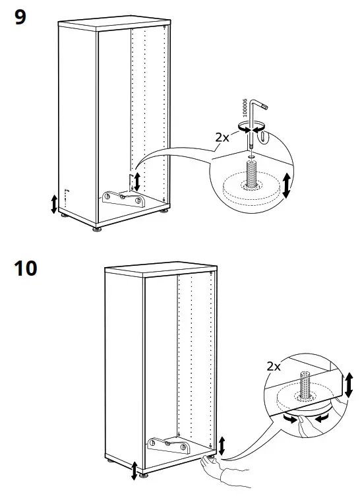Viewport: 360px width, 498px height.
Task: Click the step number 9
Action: tap(20, 17)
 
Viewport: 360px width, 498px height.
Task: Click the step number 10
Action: tap(26, 269)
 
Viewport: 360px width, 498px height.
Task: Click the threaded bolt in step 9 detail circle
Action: tap(252, 173)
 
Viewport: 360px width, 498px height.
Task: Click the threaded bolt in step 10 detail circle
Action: tap(305, 386)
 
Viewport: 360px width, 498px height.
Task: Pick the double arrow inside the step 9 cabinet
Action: tap(137, 181)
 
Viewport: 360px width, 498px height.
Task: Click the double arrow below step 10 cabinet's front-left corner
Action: tap(135, 470)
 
